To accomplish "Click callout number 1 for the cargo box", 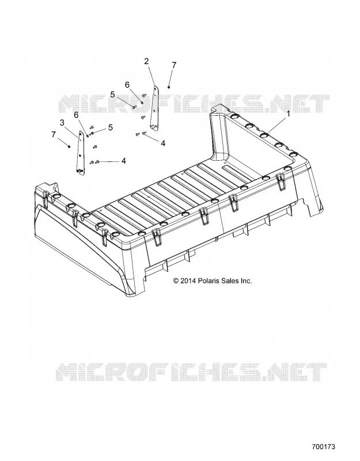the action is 289,114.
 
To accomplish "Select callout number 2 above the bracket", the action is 146,62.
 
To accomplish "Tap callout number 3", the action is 62,123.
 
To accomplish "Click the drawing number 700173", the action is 324,447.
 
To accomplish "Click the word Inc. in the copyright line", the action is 247,281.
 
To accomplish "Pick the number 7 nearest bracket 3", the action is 53,135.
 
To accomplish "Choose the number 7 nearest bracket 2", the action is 174,65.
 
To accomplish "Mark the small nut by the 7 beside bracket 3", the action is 69,146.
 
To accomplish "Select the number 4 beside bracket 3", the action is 124,161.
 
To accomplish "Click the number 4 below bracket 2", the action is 163,143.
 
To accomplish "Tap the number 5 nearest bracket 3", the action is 111,127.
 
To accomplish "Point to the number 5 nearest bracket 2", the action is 112,95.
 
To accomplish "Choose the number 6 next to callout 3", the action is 77,115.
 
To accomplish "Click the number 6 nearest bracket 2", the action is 127,85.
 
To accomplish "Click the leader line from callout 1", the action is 277,124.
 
